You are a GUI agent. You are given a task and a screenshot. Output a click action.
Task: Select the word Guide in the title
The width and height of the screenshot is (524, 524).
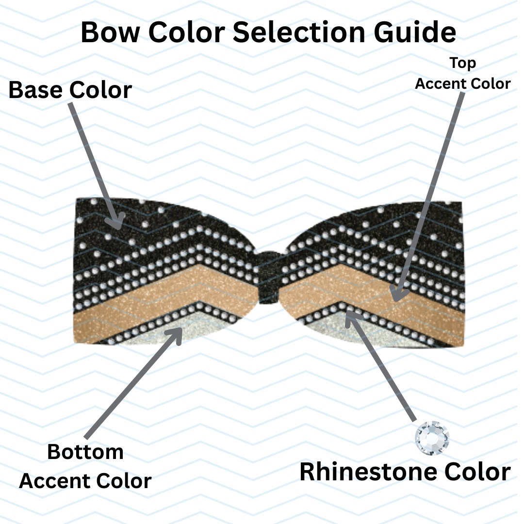pyautogui.click(x=415, y=32)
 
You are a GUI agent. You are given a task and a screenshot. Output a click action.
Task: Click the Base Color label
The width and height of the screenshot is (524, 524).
pyautogui.click(x=70, y=90)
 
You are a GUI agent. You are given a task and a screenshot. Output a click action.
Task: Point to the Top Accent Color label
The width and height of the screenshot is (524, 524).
pyautogui.click(x=462, y=73)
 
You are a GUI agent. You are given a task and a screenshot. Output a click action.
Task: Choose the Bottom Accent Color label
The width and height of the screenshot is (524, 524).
pyautogui.click(x=85, y=466)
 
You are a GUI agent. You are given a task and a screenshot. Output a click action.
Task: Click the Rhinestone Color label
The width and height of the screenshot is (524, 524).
pyautogui.click(x=405, y=472)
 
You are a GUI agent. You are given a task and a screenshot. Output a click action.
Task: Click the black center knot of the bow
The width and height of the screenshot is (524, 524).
pyautogui.click(x=266, y=277)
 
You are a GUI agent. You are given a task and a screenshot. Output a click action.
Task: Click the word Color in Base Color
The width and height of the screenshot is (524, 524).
pyautogui.click(x=100, y=90)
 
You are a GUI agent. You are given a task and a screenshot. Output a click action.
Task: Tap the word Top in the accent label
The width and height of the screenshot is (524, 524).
pyautogui.click(x=462, y=63)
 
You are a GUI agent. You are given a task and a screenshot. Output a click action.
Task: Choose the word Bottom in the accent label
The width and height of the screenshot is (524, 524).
pyautogui.click(x=85, y=452)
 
